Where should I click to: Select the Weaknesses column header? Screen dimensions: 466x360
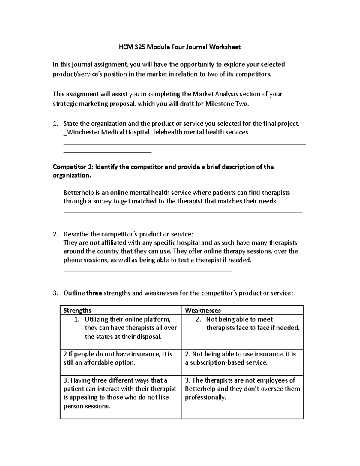point(203,310)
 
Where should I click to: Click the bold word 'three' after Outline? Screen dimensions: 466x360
point(94,293)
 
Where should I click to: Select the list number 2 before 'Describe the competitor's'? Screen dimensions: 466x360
point(55,234)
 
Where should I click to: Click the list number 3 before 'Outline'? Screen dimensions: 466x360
point(55,293)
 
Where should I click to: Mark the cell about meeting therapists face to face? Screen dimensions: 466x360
point(242,328)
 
